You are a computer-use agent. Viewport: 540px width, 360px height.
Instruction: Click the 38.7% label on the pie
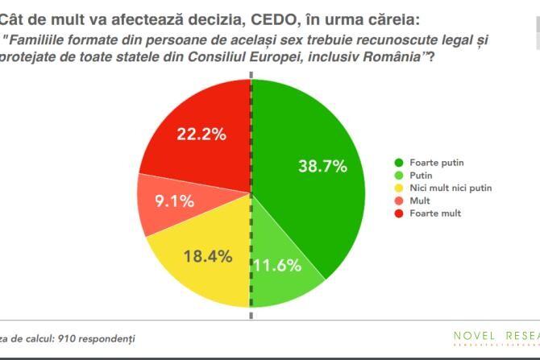click(322, 167)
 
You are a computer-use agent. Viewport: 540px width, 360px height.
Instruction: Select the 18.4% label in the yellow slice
click(209, 257)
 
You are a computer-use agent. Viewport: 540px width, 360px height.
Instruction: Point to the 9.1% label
click(173, 201)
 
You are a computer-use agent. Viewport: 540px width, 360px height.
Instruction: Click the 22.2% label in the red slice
click(201, 134)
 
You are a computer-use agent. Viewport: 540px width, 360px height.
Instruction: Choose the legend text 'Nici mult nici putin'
click(451, 187)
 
